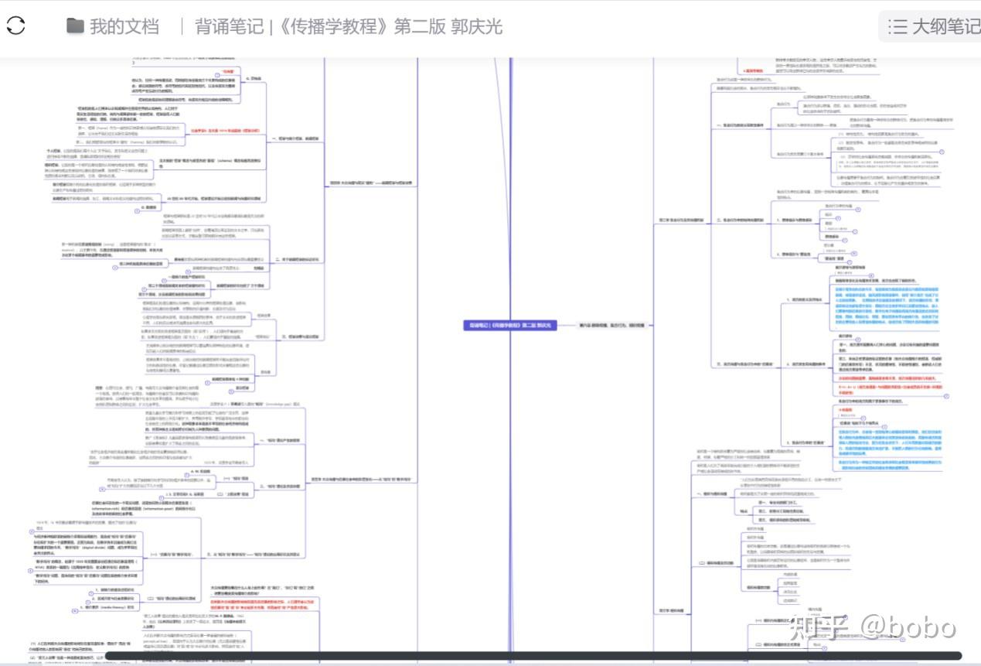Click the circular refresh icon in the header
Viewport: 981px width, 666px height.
[x=16, y=26]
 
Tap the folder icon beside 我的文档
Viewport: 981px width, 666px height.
[x=75, y=26]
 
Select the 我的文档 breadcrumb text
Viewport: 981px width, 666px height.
[x=124, y=26]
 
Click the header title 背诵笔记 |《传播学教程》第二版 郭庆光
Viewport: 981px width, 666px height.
[x=349, y=26]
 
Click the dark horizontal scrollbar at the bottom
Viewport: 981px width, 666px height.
[x=533, y=656]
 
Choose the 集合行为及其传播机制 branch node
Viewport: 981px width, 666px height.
[x=681, y=220]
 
